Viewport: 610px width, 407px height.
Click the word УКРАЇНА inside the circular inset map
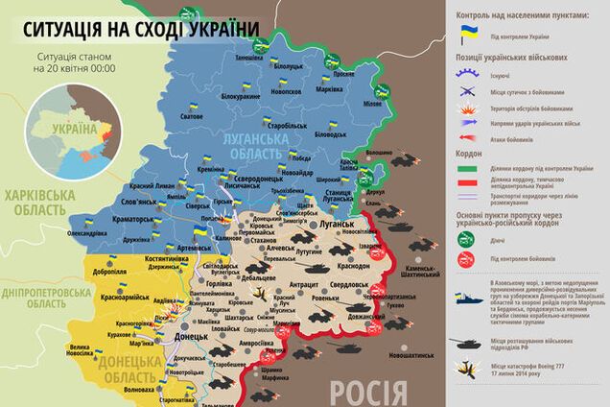[73, 130]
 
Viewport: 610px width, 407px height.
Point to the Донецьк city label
[194, 338]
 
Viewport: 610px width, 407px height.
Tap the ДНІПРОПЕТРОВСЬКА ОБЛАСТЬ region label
[40, 297]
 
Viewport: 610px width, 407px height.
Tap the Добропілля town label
[110, 272]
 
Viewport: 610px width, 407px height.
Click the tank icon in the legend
[468, 340]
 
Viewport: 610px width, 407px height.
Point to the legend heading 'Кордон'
[470, 152]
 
